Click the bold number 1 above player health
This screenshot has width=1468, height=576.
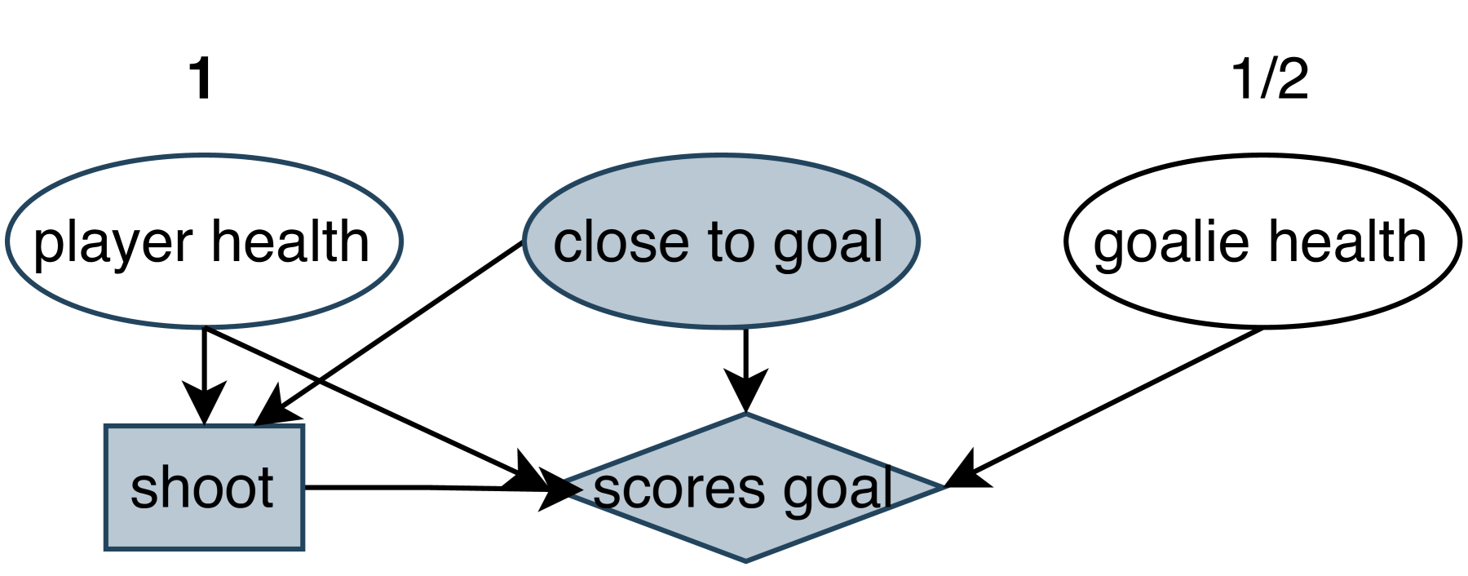201,79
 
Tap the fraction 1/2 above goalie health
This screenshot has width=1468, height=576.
1269,79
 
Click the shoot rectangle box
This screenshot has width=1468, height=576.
204,522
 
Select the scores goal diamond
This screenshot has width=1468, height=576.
746,530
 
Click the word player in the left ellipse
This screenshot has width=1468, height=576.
113,243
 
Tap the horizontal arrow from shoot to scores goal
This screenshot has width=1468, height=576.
408,487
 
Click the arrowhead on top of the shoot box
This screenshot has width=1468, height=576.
204,404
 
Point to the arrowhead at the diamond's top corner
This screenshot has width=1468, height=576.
745,392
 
